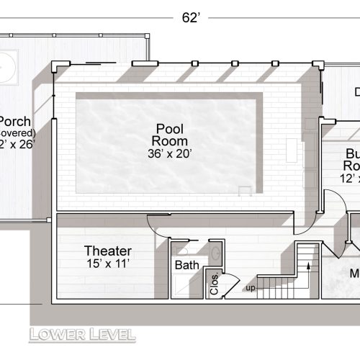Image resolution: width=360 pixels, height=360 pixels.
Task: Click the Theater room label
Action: pos(108,251)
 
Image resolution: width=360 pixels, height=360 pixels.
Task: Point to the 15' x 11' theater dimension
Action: pos(108,264)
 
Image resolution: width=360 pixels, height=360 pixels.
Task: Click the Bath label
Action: pos(186,266)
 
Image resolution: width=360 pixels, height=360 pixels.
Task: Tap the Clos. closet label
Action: pos(214,279)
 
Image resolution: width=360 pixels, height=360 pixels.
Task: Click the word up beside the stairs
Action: pos(250,288)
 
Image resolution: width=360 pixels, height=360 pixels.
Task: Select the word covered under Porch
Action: pos(16,132)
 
